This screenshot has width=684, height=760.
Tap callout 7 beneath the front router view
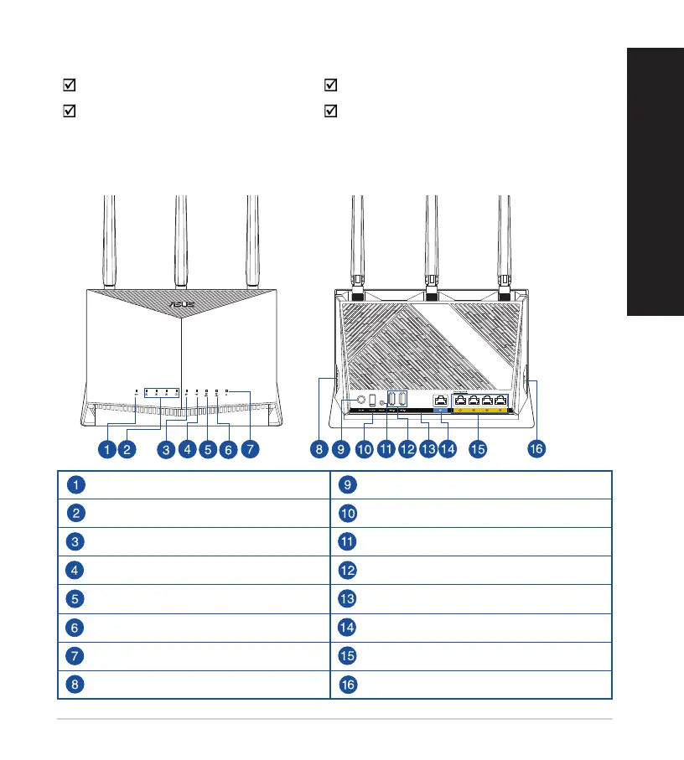point(249,450)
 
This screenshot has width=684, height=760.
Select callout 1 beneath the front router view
point(106,450)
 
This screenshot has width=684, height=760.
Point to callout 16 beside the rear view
point(536,450)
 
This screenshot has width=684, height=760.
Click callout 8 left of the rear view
point(319,450)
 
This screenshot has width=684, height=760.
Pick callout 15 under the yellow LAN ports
point(478,450)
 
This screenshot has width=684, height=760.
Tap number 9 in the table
point(349,484)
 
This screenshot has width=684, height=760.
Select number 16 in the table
point(349,685)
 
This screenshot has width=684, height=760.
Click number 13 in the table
point(349,599)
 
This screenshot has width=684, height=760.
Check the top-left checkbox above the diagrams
point(71,85)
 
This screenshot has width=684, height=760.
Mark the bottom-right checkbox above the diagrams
point(330,111)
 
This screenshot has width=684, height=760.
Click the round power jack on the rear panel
point(360,400)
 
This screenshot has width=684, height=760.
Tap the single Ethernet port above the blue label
point(441,400)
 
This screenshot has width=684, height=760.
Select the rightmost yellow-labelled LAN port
point(501,400)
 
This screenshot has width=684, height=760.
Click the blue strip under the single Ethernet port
point(441,411)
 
